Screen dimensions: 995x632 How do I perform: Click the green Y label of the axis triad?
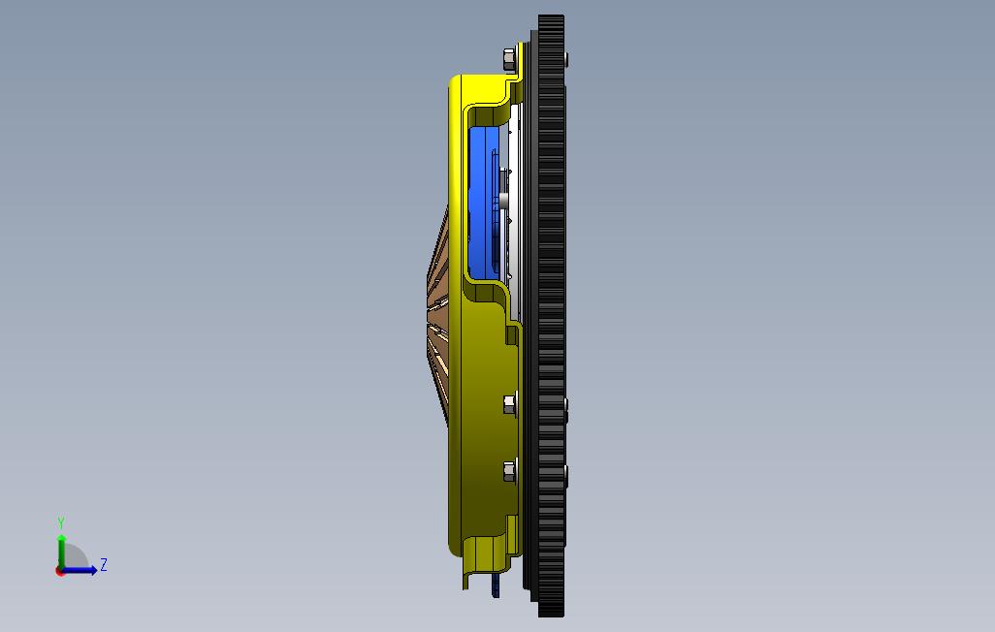[61, 522]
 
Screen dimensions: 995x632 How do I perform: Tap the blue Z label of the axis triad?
[104, 564]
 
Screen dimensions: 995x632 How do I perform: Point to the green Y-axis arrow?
[61, 553]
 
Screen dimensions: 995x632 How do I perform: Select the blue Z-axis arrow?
[79, 570]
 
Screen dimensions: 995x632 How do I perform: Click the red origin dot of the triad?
[60, 572]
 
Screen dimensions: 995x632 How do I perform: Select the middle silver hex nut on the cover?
[509, 404]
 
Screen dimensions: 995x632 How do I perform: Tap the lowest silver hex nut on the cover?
[509, 471]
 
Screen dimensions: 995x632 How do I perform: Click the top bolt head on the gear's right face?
[565, 59]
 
